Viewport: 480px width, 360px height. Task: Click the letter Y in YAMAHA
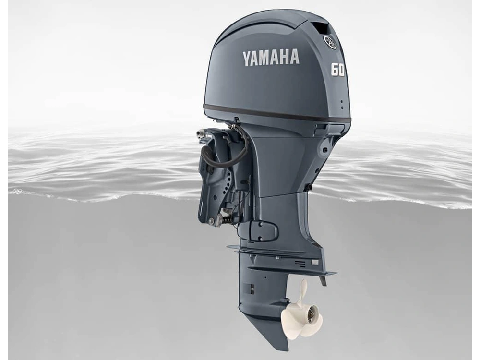pos(248,59)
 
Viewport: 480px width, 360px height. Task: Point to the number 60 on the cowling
pos(337,70)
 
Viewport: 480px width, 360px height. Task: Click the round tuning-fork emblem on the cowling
pos(330,42)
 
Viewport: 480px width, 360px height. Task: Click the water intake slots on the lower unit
pos(300,263)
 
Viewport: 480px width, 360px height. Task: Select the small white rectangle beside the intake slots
pos(315,262)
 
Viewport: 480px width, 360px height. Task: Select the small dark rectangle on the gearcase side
pos(248,289)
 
